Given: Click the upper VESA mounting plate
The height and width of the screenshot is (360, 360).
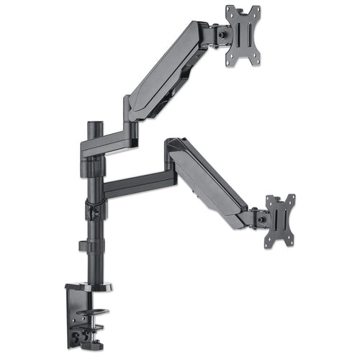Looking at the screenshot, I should [243, 36].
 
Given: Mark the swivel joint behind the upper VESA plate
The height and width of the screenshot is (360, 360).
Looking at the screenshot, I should [217, 33].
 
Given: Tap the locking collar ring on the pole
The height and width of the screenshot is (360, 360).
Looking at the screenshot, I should [93, 212].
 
